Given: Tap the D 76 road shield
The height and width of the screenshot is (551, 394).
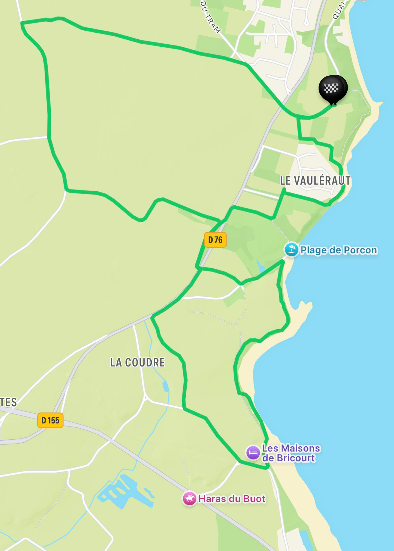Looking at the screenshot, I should pyautogui.click(x=215, y=240).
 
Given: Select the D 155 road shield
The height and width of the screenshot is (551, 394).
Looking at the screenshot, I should pyautogui.click(x=50, y=420).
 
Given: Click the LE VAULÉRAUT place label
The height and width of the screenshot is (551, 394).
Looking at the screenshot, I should pyautogui.click(x=315, y=181).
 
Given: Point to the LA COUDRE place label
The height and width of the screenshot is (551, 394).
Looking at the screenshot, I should pyautogui.click(x=137, y=362).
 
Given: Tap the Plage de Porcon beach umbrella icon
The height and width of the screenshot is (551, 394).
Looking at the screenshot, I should pyautogui.click(x=291, y=250).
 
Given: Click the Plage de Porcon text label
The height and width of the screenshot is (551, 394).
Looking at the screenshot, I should pyautogui.click(x=339, y=250).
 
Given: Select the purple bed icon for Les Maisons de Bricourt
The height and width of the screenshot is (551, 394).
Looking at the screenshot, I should pyautogui.click(x=253, y=452).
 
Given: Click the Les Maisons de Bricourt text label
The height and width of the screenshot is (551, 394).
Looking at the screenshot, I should pyautogui.click(x=291, y=453).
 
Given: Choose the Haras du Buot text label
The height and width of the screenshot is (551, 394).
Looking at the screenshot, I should pyautogui.click(x=232, y=499).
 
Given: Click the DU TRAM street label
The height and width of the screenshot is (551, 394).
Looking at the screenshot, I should pyautogui.click(x=210, y=17).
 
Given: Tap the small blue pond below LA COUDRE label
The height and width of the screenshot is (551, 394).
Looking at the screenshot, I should pyautogui.click(x=166, y=386).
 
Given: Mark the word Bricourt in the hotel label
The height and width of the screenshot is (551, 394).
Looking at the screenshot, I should pyautogui.click(x=296, y=458).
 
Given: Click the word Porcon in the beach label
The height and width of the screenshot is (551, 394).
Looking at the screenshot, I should pyautogui.click(x=360, y=250).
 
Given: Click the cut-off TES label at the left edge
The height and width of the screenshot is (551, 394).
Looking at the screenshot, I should pyautogui.click(x=8, y=402).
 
